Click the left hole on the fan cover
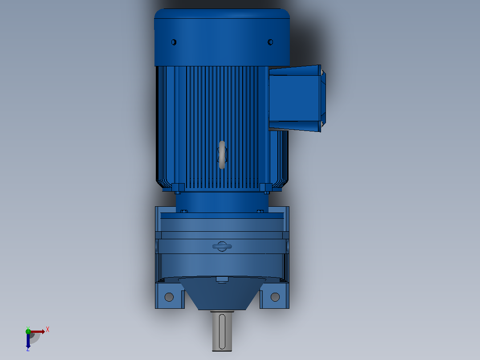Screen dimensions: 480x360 click(174, 42)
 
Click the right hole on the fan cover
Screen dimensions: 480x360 click(270, 42)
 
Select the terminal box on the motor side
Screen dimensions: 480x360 click(297, 98)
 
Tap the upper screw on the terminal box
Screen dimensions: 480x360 click(322, 72)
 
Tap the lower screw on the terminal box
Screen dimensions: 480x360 click(322, 124)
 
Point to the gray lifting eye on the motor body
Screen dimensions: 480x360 click(222, 155)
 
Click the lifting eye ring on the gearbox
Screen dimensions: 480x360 click(222, 246)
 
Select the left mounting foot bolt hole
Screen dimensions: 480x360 click(169, 297)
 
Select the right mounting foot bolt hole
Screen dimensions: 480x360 click(275, 297)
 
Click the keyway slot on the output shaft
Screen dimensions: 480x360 click(222, 331)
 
